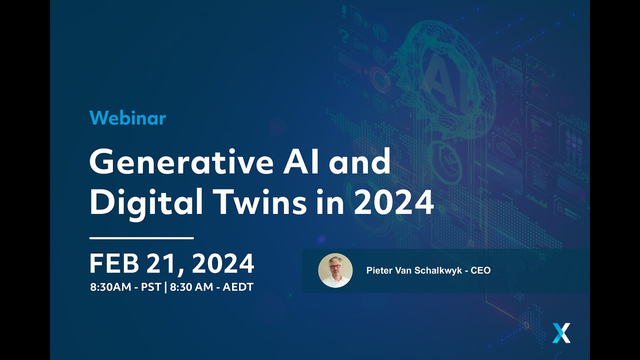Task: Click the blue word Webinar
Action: tap(127, 118)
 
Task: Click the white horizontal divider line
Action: tap(141, 238)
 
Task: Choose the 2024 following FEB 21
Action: tap(223, 263)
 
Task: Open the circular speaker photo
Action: tap(335, 270)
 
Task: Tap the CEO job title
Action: tap(481, 270)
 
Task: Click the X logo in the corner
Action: tap(561, 333)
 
